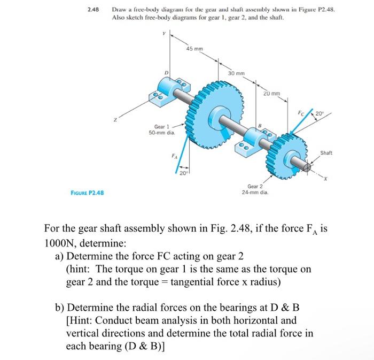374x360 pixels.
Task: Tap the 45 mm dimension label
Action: click(x=194, y=49)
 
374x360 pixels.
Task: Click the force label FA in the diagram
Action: click(x=173, y=157)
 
